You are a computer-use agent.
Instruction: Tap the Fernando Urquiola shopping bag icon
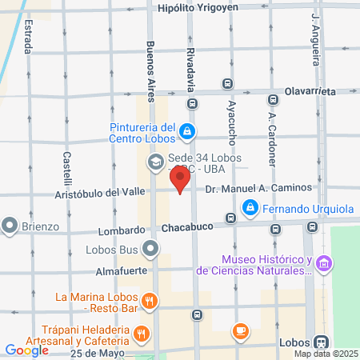click(x=250, y=209)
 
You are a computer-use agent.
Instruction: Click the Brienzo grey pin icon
click(x=10, y=226)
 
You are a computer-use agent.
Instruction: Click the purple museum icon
click(x=323, y=262)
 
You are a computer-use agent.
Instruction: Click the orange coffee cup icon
click(x=239, y=330)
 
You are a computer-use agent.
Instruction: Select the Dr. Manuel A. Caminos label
click(x=257, y=187)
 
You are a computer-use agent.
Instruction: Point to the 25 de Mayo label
click(x=99, y=353)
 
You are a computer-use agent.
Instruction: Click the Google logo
click(x=26, y=350)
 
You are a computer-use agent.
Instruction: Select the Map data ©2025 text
click(x=325, y=354)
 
